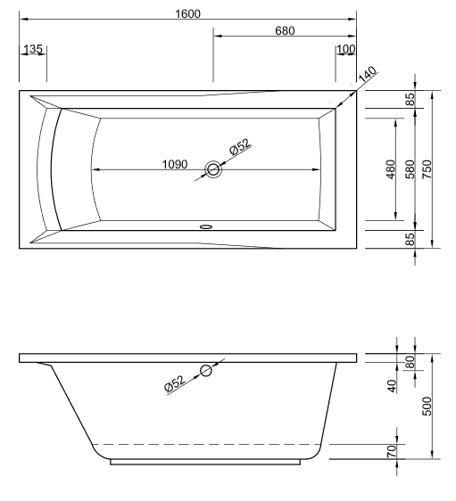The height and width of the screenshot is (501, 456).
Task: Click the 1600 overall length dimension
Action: (188, 12)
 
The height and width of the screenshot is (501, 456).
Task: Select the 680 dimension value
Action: (284, 31)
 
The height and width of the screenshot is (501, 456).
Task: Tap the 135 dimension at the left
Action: (34, 49)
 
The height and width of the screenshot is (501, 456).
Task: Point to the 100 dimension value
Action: (345, 49)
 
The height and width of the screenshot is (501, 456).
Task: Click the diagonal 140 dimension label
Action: (368, 78)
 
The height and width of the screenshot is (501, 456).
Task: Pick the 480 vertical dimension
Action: (390, 169)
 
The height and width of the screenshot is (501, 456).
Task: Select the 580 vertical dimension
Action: (409, 169)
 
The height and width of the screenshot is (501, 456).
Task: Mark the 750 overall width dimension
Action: (427, 169)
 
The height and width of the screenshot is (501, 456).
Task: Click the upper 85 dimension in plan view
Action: (409, 100)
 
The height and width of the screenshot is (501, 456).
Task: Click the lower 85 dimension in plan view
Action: (409, 239)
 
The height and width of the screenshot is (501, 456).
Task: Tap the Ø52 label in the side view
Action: (175, 383)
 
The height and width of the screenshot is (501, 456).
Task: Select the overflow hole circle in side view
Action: (206, 371)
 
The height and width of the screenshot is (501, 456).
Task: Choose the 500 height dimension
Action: (427, 406)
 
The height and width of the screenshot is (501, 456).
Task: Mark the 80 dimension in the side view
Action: (410, 363)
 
